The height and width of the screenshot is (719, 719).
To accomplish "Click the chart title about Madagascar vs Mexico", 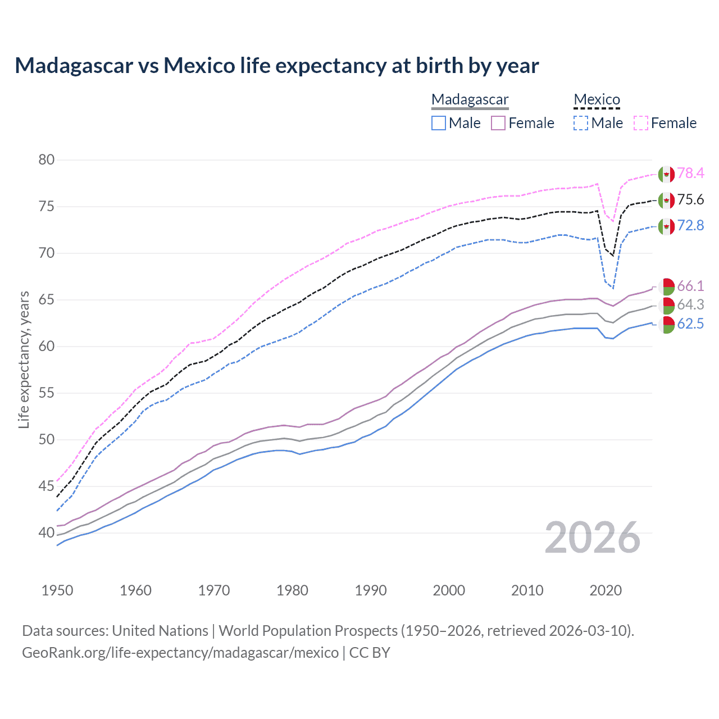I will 276,66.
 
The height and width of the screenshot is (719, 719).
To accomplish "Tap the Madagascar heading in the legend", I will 470,99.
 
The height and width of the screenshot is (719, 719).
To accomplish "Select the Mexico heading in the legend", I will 597,99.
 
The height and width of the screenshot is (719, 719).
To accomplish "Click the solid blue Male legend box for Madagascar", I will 439,123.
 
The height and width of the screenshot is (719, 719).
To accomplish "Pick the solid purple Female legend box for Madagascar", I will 498,123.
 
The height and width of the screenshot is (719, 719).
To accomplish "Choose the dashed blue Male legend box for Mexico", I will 581,123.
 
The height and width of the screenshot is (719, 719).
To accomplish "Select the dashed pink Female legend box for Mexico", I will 641,123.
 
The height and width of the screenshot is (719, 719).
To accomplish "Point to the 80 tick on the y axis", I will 47,160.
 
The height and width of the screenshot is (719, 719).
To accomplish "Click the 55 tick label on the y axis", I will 47,393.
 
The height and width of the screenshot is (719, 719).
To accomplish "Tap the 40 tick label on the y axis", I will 47,533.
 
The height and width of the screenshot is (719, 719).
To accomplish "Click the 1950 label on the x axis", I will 57,590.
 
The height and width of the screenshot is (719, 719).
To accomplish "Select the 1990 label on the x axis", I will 371,590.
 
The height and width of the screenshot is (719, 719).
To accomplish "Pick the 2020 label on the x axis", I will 606,590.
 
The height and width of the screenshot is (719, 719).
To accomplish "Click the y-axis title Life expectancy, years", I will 24,359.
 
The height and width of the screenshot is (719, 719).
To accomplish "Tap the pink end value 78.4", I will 690,174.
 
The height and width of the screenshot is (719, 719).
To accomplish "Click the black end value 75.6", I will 690,200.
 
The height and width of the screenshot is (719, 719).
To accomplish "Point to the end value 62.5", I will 690,324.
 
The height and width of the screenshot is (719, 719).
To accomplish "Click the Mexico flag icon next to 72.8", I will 666,226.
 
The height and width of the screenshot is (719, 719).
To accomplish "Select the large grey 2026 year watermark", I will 593,538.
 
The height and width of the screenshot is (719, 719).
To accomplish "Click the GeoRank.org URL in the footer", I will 180,653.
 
